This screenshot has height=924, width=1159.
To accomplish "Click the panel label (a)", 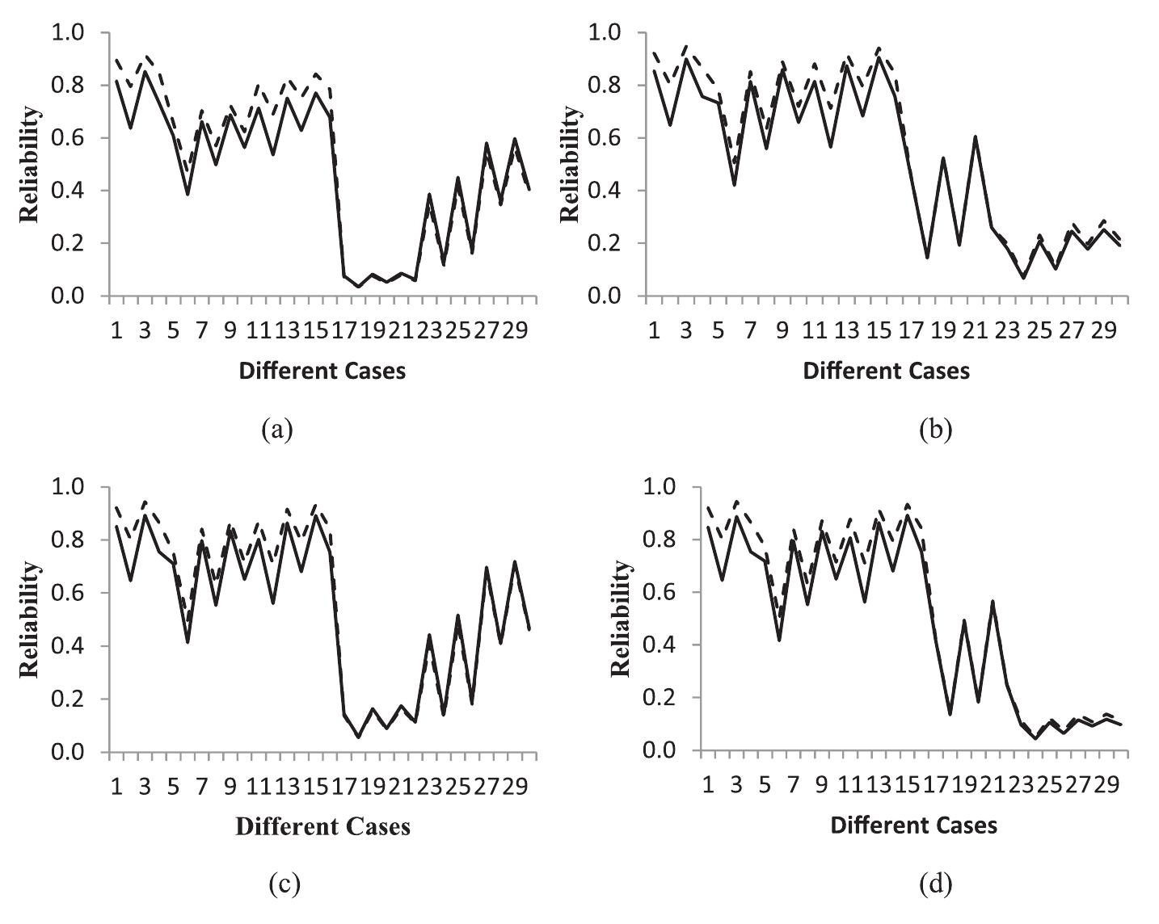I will [x=277, y=429].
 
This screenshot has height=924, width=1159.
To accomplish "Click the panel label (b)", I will [x=936, y=429].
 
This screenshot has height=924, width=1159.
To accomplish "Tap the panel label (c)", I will [x=284, y=884].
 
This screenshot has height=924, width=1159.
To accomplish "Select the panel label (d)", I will [x=936, y=884].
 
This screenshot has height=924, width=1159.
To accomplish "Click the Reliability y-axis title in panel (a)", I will [x=29, y=164].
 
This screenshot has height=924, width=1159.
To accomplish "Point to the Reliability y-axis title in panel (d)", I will [x=620, y=619].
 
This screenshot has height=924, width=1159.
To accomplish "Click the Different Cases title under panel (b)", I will [x=886, y=371].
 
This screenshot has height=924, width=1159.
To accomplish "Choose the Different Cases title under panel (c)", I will [x=322, y=826].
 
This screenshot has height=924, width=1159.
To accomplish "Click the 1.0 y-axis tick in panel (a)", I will [x=69, y=33].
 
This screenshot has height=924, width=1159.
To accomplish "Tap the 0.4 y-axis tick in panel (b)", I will [x=605, y=191].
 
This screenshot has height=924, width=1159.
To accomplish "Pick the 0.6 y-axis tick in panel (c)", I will [x=69, y=594].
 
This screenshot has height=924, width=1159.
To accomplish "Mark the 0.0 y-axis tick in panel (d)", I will [x=660, y=751].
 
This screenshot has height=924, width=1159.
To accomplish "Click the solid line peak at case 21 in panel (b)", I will [x=976, y=137].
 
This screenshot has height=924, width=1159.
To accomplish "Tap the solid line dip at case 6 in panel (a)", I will [x=188, y=194].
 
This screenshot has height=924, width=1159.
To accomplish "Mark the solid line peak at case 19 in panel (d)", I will [x=964, y=621].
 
